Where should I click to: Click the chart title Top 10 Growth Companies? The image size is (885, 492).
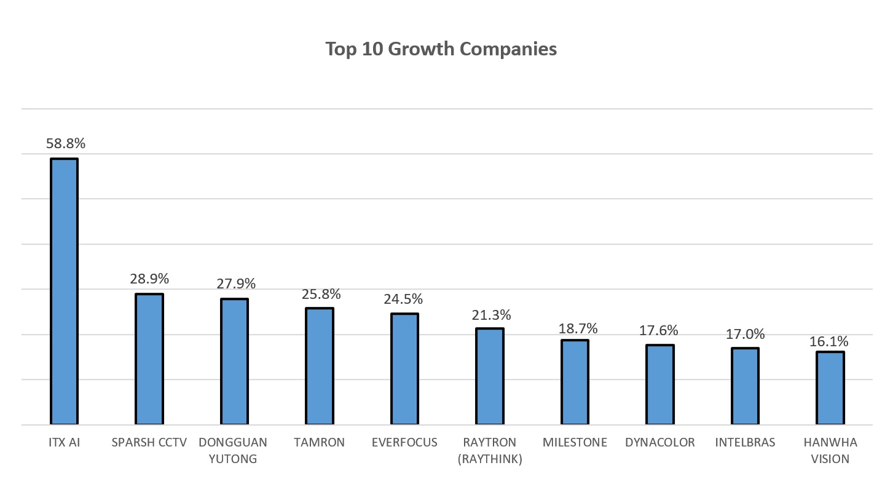point(441,49)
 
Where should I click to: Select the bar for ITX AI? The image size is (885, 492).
point(64,292)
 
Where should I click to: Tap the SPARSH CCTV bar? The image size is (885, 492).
point(149,359)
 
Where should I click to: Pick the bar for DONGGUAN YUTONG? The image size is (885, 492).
point(234,362)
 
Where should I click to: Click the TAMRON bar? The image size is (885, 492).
point(320,367)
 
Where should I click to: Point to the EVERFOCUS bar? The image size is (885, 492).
point(404,369)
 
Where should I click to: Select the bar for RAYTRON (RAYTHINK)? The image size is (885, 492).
point(490,376)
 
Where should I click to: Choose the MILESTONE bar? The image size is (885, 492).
point(575,383)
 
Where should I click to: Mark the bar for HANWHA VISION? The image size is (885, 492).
point(830,388)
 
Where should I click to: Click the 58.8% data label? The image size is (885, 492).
point(66,144)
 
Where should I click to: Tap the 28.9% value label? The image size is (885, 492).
point(149,279)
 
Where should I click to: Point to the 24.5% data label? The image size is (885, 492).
point(403,299)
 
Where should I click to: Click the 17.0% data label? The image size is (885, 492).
point(745,334)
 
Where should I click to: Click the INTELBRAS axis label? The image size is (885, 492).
point(745,442)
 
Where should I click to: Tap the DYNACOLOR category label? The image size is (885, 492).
point(659,442)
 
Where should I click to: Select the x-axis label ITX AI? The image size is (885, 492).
point(64,442)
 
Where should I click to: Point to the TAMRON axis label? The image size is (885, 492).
point(320,442)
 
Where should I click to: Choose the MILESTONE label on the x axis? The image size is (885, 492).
point(575,442)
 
